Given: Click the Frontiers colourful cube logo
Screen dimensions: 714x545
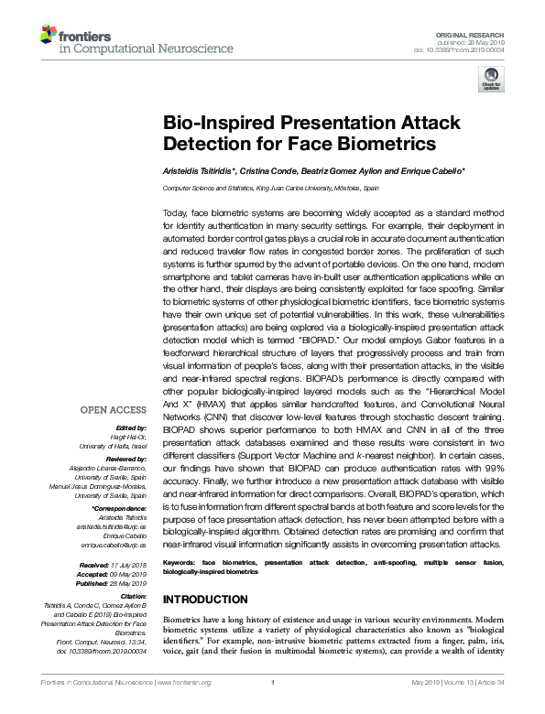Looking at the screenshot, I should point(48,36).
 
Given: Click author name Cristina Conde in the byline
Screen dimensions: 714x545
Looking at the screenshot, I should point(269,173).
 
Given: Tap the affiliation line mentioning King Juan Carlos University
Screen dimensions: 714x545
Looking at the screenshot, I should point(270,187).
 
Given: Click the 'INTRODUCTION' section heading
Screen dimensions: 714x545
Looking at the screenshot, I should point(209,599).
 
